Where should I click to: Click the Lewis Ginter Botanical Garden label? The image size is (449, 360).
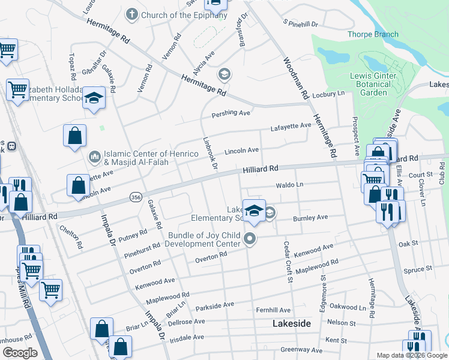point(373,85)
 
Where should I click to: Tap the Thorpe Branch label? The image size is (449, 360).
point(373,34)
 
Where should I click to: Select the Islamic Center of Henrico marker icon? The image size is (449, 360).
point(95,157)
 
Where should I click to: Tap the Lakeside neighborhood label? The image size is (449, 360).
point(292,323)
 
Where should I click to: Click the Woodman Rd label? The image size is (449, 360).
point(295,79)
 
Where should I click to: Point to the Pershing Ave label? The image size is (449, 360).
point(231,113)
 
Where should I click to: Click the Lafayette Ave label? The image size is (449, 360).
point(291,125)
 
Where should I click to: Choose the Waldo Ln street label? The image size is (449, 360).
point(290,185)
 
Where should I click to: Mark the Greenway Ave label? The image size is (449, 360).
point(302,349)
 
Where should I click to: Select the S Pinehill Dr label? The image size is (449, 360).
point(300,23)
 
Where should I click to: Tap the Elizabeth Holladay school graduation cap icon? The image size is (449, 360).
point(94,97)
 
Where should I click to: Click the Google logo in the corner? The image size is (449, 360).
point(20,353)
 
